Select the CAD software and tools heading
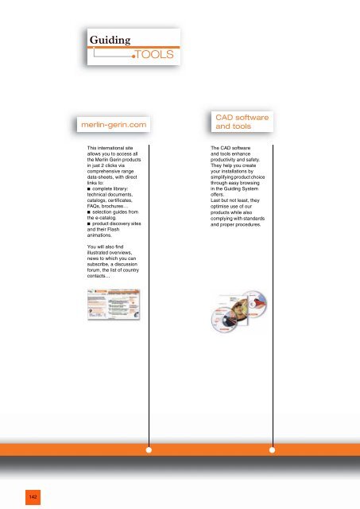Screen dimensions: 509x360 pos(242,122)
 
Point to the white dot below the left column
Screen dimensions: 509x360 pos(149,450)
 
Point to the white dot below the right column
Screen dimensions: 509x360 pos(273,450)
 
